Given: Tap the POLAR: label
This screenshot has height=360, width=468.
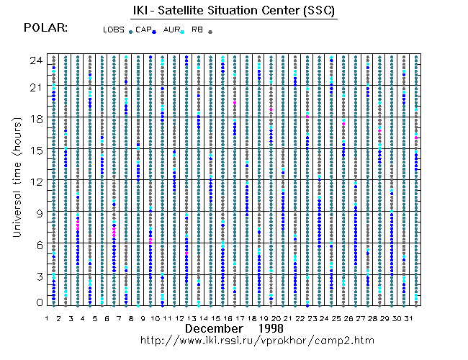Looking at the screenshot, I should tap(46, 27).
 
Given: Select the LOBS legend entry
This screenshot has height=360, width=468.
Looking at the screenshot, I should tap(114, 30).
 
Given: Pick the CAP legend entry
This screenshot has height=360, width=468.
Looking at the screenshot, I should tap(144, 30).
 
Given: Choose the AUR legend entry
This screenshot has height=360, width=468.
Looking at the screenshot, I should tap(171, 30).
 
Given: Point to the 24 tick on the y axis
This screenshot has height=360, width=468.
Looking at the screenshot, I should tap(35, 60).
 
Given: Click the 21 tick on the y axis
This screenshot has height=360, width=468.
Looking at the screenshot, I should tap(35, 88).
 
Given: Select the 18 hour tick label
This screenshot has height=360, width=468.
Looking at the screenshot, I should tap(35, 119).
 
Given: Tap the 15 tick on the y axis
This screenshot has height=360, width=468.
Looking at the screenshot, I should tap(35, 150).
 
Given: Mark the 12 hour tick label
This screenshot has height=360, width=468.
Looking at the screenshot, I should tap(35, 181).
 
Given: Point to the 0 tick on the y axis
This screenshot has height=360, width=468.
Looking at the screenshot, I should tap(37, 303).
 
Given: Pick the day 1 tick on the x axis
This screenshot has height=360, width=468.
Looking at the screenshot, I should tap(47, 318).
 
